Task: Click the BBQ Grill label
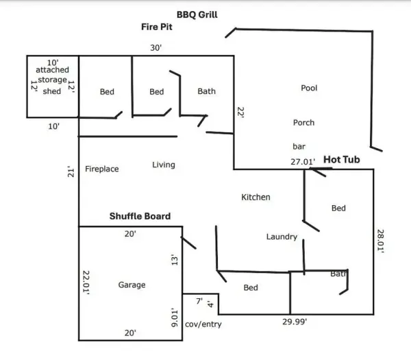197,14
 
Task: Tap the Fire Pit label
157,27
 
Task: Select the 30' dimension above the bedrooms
156,48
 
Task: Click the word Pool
309,88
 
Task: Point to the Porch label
303,123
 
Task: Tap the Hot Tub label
342,160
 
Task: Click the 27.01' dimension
303,162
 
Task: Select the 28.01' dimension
380,241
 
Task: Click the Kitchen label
256,197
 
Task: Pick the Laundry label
282,237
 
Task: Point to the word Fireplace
102,169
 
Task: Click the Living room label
164,165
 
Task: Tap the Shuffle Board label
140,216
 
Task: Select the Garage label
132,285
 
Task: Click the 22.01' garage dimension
86,283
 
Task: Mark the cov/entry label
203,324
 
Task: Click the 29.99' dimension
295,322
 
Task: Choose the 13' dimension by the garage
175,260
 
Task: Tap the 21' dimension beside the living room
71,171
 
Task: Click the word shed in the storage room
52,91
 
